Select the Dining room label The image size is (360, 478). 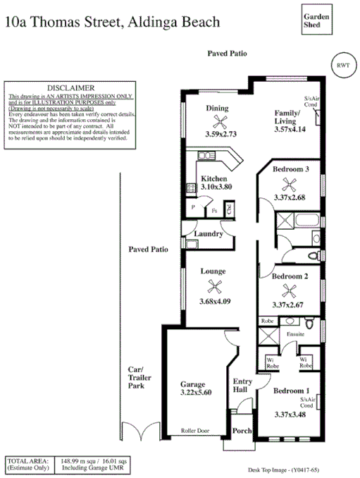click(217, 109)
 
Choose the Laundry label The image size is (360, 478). click(209, 233)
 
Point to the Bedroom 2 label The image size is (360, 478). click(290, 276)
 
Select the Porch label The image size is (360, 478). click(242, 431)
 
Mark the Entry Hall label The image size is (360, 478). click(242, 386)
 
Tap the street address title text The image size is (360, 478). click(112, 22)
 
